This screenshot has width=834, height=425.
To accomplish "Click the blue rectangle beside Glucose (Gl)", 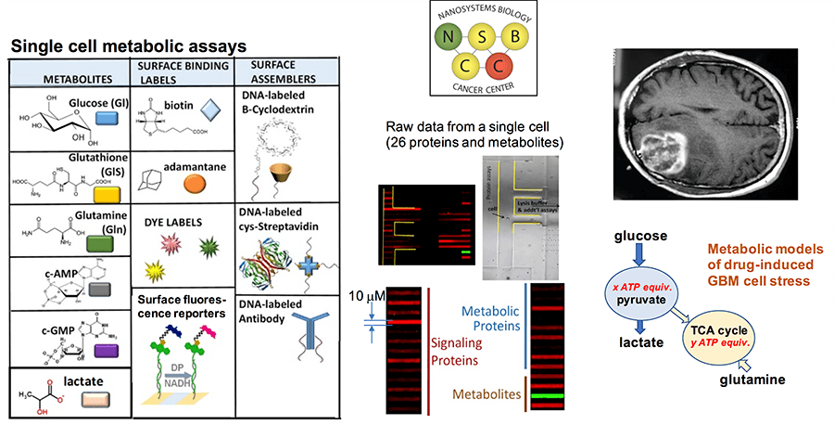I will click(x=106, y=118).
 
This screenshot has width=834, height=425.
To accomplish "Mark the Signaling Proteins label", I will click(x=461, y=352).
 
